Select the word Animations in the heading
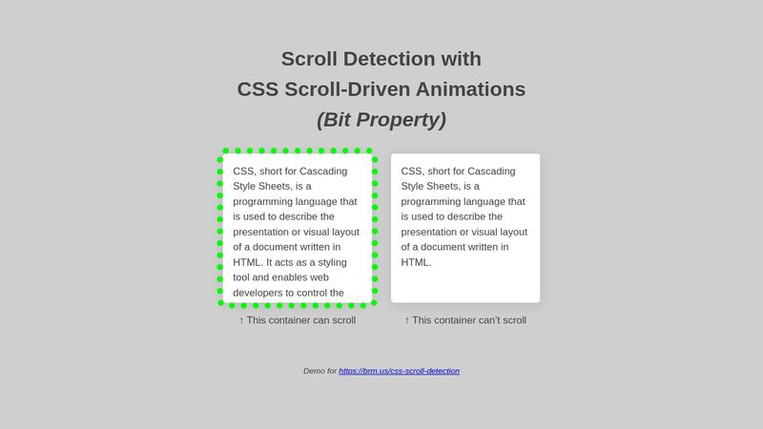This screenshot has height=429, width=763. point(475,90)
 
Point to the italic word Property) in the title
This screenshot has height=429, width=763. point(404,120)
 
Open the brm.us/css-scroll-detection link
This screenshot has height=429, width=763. point(399,371)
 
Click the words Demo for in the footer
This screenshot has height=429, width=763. point(320,371)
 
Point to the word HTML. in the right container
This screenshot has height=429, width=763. point(416,262)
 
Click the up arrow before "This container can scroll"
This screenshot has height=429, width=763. point(241,320)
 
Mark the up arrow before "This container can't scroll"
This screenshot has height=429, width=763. point(407,320)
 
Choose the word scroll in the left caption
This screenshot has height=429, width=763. point(340,320)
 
